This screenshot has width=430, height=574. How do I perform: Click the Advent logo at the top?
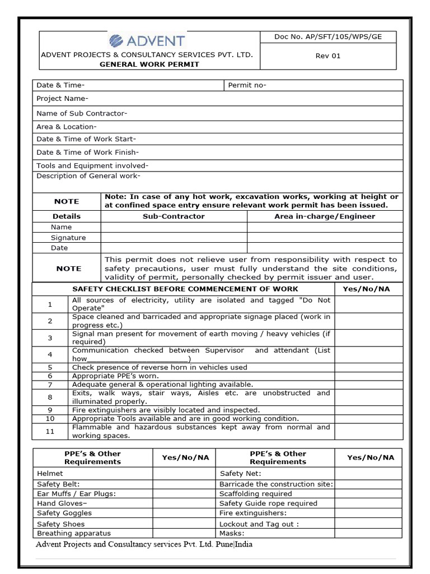pyautogui.click(x=147, y=41)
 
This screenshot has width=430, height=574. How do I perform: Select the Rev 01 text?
pyautogui.click(x=328, y=55)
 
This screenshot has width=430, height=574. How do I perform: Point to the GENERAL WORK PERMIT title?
pyautogui.click(x=149, y=64)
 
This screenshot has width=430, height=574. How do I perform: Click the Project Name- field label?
pyautogui.click(x=62, y=99)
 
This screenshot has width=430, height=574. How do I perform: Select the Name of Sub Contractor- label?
pyautogui.click(x=82, y=113)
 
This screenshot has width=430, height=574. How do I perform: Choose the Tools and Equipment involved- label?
pyautogui.click(x=92, y=165)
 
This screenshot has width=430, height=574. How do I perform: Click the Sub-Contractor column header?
pyautogui.click(x=174, y=216)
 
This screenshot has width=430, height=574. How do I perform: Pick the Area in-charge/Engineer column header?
pyautogui.click(x=325, y=216)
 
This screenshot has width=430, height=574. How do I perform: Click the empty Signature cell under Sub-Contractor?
pyautogui.click(x=174, y=238)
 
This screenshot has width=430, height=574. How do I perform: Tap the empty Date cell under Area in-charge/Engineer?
pyautogui.click(x=325, y=248)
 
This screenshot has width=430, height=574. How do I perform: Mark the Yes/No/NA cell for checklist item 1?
pyautogui.click(x=368, y=304)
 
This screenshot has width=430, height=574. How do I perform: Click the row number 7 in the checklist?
pyautogui.click(x=50, y=385)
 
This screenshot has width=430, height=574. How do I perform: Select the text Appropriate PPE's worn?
pyautogui.click(x=115, y=376)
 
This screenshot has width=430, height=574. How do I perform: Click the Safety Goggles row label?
pyautogui.click(x=64, y=513)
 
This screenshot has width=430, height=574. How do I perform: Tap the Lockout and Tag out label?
pyautogui.click(x=259, y=524)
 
